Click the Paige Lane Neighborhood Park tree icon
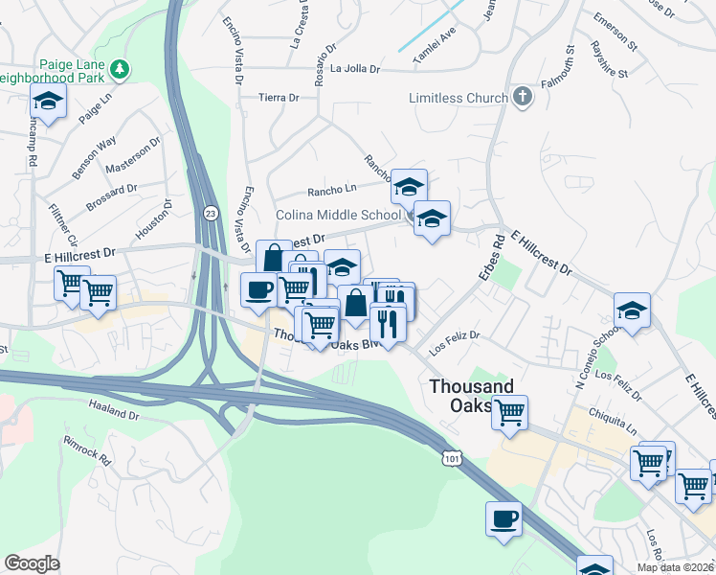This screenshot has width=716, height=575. coord(120,69)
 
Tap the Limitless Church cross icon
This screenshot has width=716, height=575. coord(522,97)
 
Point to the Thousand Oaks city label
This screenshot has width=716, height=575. coord(471,395)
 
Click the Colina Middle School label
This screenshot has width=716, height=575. coord(338,215)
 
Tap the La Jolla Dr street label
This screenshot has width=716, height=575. coord(355,69)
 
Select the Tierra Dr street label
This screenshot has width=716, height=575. coord(279,97)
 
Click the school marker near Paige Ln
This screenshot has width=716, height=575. coord(47,100)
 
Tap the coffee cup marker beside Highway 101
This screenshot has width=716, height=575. coord(503,518)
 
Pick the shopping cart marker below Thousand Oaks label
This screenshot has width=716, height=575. coord(510,411)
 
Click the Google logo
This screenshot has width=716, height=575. coord(33,563)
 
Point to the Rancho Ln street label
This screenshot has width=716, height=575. coord(330,190)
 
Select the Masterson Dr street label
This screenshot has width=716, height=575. coord(133,159)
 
